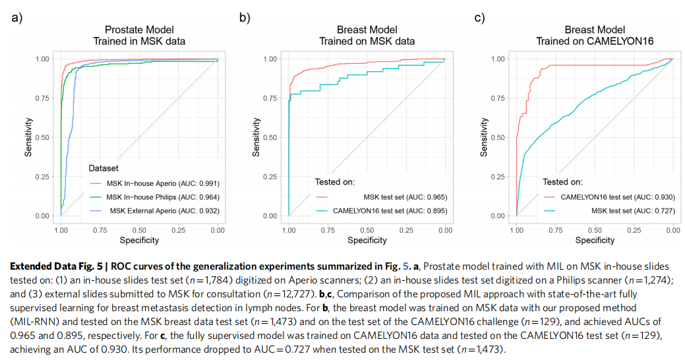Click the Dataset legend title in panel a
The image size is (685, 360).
[103, 169]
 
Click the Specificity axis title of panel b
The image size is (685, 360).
[367, 240]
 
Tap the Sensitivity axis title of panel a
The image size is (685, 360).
[28, 137]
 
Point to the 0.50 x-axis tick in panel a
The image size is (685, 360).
[139, 230]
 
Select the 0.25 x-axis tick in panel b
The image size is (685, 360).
[406, 230]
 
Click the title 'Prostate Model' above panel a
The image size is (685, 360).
[138, 30]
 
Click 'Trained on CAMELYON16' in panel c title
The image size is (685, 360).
[594, 41]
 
